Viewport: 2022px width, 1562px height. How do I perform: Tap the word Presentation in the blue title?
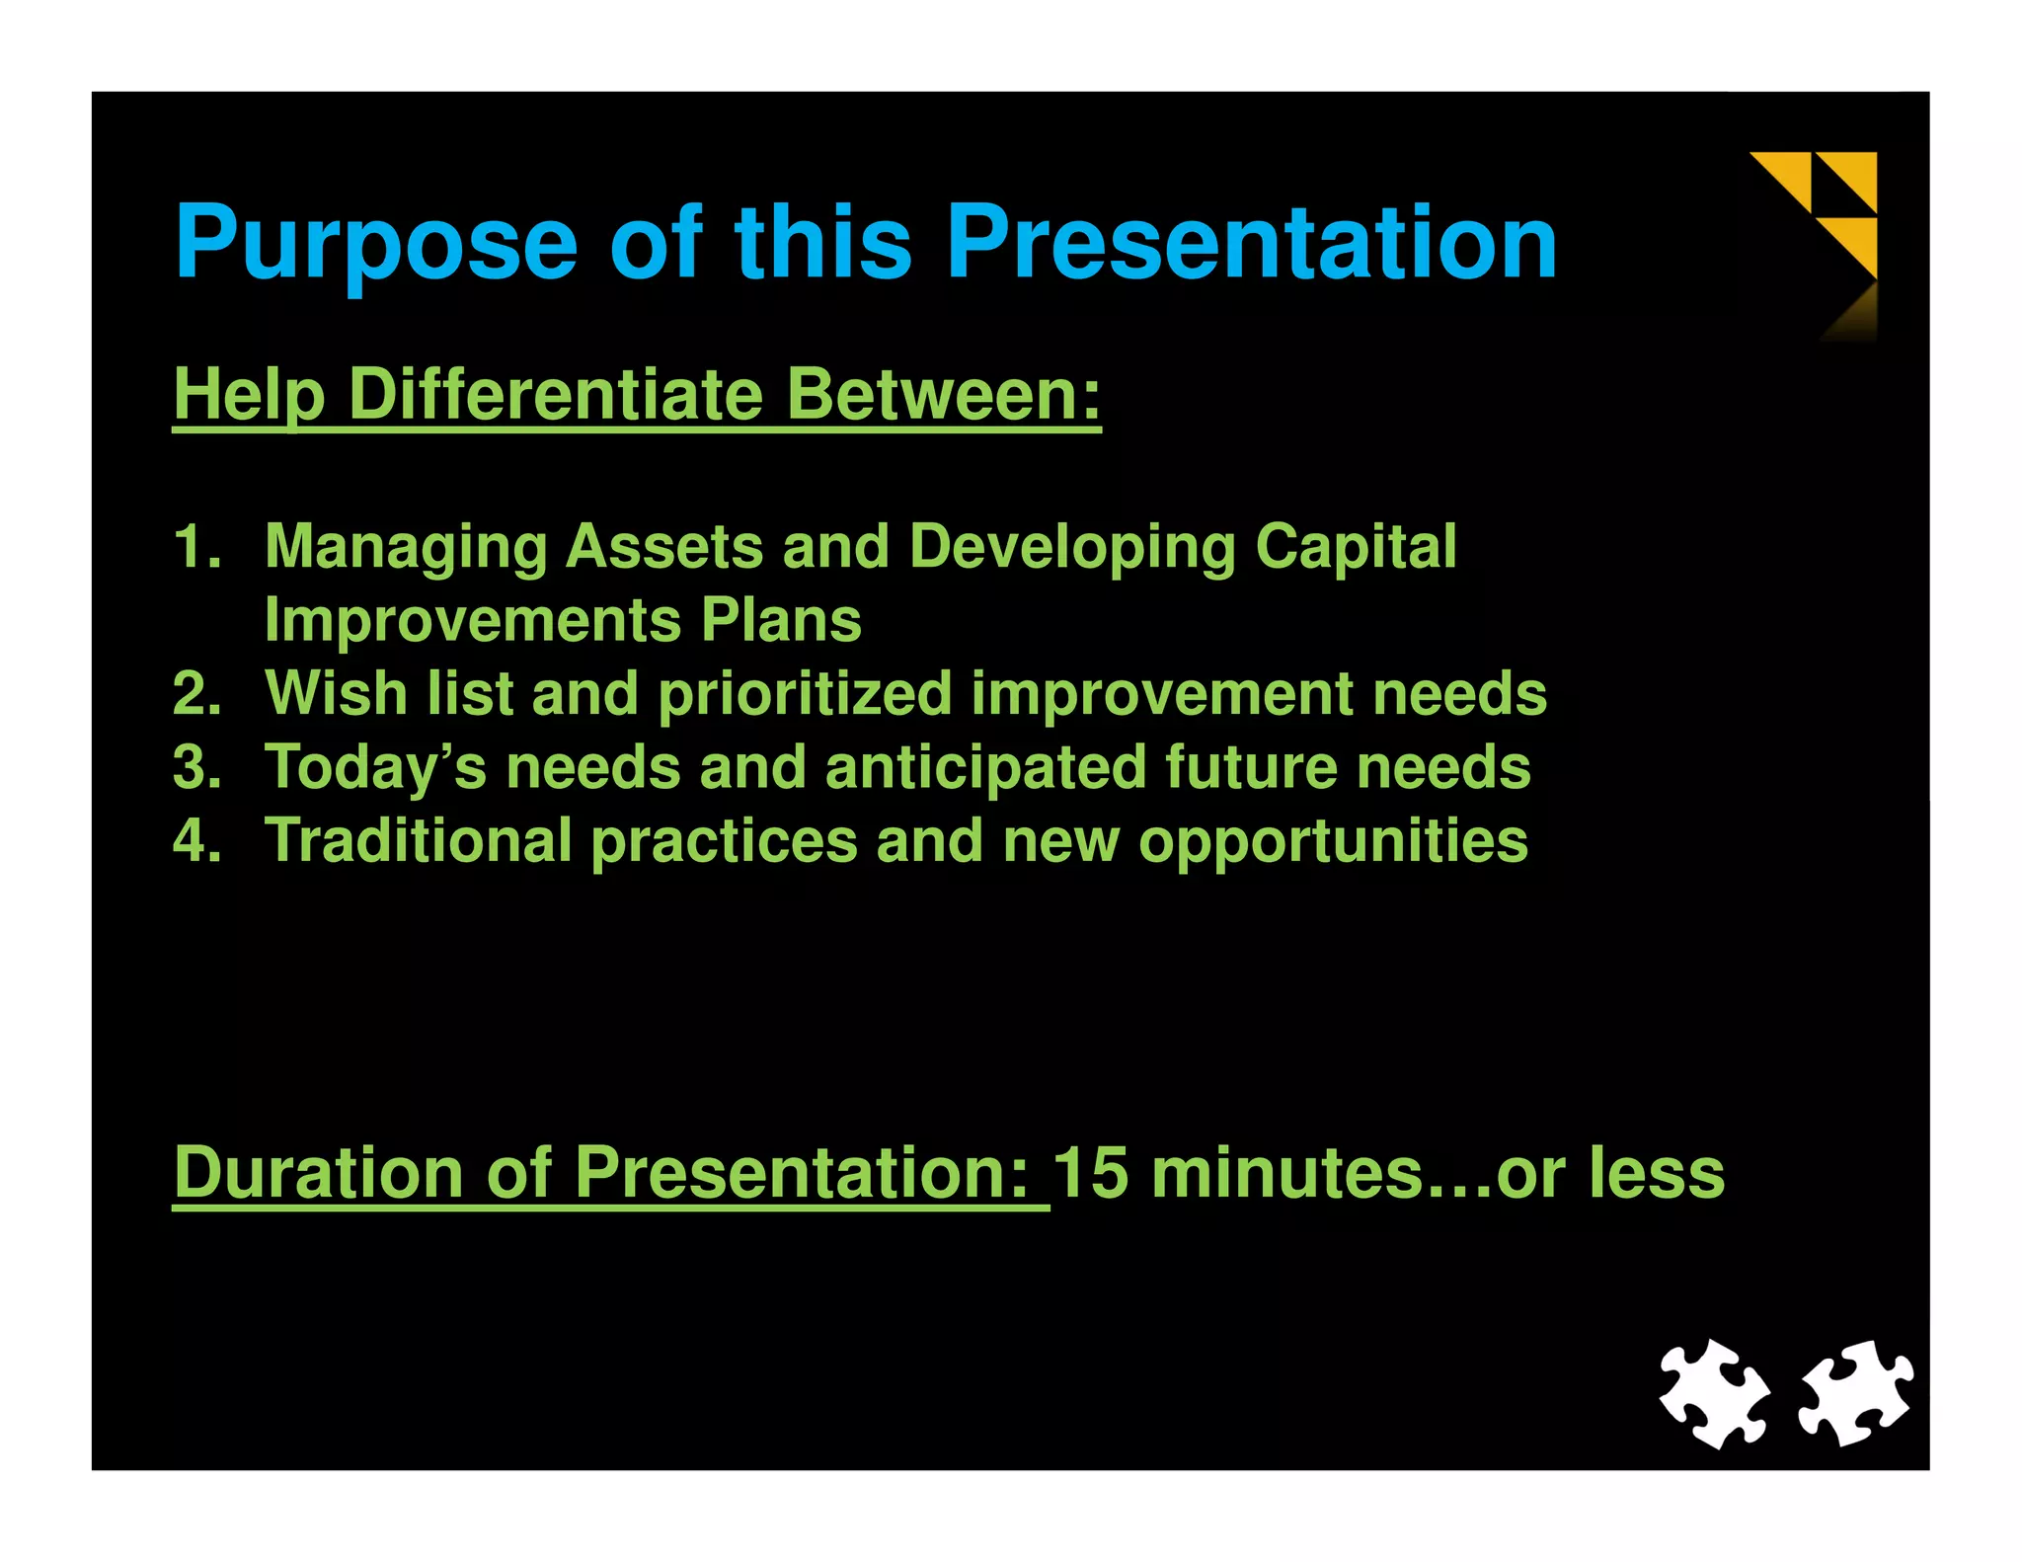coord(1251,243)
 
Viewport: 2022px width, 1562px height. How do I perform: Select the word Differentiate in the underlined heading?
coord(556,395)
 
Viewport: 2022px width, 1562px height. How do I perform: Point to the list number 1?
coord(195,546)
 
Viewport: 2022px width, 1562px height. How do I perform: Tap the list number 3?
coord(195,767)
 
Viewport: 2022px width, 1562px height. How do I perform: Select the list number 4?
coord(195,840)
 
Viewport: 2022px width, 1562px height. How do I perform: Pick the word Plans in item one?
coord(781,621)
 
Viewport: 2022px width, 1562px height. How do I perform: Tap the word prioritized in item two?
coord(805,695)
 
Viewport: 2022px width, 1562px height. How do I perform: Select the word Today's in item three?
coord(375,768)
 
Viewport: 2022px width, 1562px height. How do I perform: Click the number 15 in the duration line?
coord(1090,1173)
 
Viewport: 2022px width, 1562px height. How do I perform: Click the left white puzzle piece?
coord(1714,1393)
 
